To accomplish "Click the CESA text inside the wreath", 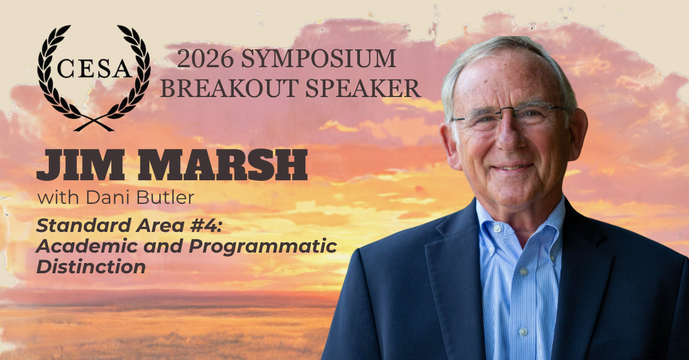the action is (94, 68).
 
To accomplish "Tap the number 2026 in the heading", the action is (206, 59).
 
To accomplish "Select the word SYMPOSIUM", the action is (318, 59).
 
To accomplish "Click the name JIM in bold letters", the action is (80, 165).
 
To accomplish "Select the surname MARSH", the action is (222, 165).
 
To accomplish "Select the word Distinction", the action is (91, 266).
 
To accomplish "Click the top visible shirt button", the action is (496, 229).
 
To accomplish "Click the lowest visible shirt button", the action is (523, 332).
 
